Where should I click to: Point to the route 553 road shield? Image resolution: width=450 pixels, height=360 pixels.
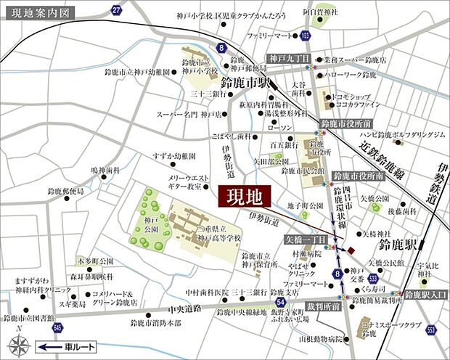[x=430, y=330]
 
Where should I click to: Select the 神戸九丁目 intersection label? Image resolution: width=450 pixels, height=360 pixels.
[x=287, y=58]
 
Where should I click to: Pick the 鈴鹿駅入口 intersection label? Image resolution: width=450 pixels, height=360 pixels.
[x=425, y=295]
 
